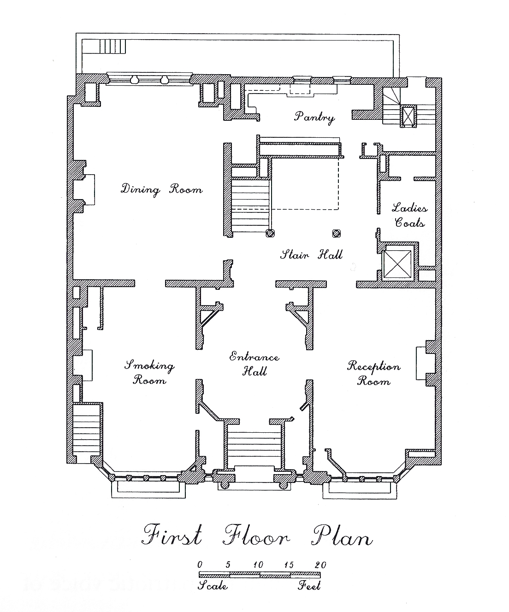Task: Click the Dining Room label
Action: coord(161,189)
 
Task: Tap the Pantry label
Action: coord(314,117)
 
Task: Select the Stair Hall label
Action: coord(311,254)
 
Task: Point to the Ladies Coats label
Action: coord(410,215)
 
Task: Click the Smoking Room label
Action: coord(149,372)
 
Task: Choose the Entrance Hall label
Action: coord(254,364)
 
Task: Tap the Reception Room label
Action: coord(373,373)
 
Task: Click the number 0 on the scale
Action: coord(200,565)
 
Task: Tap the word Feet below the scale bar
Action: coord(309,586)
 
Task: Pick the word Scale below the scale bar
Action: coord(213,586)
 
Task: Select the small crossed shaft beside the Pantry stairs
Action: coord(408,116)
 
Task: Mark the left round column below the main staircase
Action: coord(270,233)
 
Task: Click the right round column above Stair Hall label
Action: coord(336,233)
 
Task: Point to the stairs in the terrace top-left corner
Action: coord(112,46)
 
